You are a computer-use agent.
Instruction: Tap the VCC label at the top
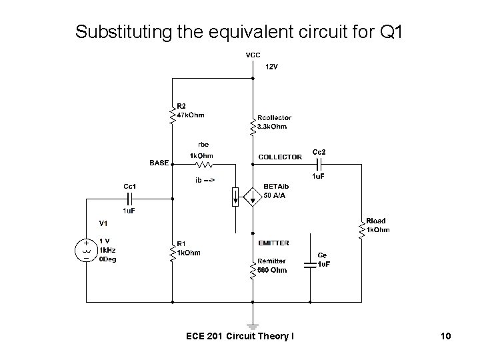pos(253,55)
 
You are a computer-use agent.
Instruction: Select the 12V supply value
pos(273,67)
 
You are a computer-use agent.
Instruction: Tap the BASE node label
pos(159,163)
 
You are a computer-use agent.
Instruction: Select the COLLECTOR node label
pos(280,157)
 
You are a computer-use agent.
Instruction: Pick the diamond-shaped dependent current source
pos(253,197)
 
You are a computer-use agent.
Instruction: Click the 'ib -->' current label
pos(205,180)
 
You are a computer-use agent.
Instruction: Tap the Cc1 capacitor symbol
pos(131,198)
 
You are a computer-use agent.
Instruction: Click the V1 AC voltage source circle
pos(87,251)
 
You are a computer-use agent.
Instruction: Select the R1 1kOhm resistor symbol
pos(173,251)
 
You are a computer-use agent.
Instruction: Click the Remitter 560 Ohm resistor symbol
pos(253,270)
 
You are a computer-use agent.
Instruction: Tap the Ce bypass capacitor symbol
pos(310,264)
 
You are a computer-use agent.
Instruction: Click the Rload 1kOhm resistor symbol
pos(363,229)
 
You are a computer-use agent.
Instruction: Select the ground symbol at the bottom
pos(253,327)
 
